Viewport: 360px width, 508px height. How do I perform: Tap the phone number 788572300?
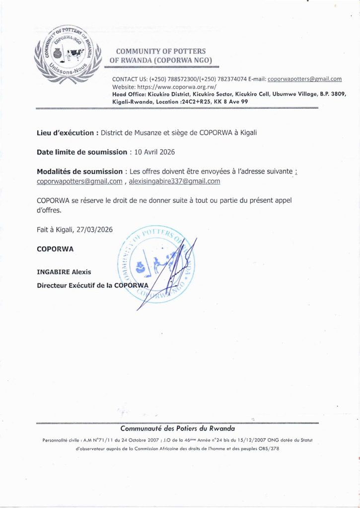point(165,79)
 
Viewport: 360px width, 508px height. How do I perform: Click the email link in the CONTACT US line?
point(304,79)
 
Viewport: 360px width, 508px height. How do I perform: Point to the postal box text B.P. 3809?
point(325,94)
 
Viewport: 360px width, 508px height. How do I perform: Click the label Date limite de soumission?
point(81,152)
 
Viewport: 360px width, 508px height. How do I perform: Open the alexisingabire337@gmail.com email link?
point(174,182)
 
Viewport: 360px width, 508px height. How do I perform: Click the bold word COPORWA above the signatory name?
point(55,249)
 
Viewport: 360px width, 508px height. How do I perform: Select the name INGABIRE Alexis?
point(64,272)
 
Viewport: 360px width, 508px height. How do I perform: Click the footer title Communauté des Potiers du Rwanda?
point(178,428)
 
